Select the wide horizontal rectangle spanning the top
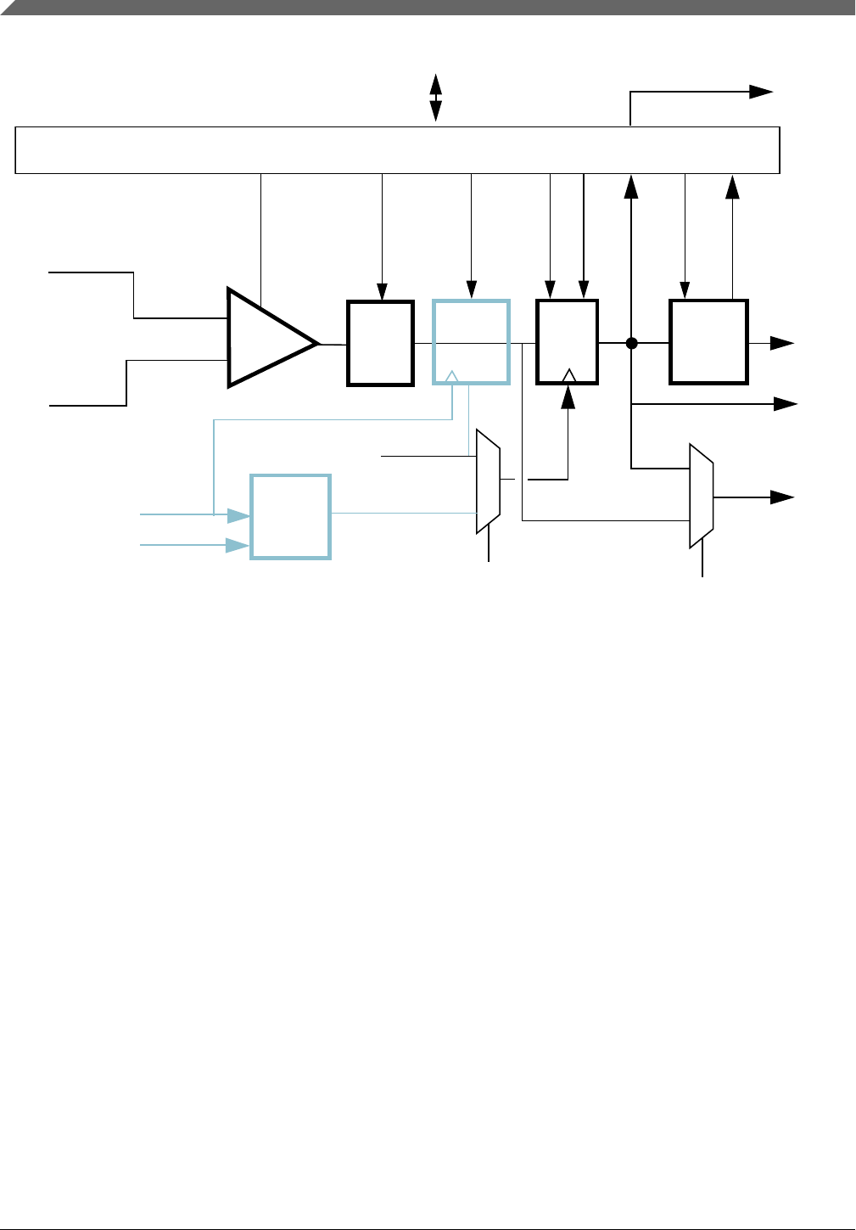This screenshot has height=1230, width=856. pos(397,150)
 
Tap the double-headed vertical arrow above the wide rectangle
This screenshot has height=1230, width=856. pos(436,98)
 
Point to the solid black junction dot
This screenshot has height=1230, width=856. pos(631,343)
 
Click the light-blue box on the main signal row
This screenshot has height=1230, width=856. pos(471,341)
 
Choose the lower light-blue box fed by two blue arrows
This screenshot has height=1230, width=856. pos(290,516)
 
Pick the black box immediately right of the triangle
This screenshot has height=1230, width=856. pos(381,343)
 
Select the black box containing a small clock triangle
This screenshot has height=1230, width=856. pos(568,341)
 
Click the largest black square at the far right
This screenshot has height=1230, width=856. pos(708,341)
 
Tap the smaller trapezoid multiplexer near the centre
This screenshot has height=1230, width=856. pos(488,481)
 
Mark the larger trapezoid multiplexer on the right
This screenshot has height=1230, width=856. pos(701,496)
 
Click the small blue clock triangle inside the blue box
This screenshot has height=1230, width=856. pos(452,376)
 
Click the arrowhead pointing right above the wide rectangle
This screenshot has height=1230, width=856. pos(762,92)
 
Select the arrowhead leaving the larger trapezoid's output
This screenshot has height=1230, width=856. pos(782,497)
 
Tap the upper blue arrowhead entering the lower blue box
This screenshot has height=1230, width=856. pos(238,514)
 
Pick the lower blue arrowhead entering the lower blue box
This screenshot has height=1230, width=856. pos(238,545)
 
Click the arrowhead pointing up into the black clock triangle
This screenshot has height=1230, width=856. pos(568,396)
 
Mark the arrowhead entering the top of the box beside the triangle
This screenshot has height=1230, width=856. pos(383,291)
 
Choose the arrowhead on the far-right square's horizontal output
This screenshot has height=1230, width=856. pos(782,343)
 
